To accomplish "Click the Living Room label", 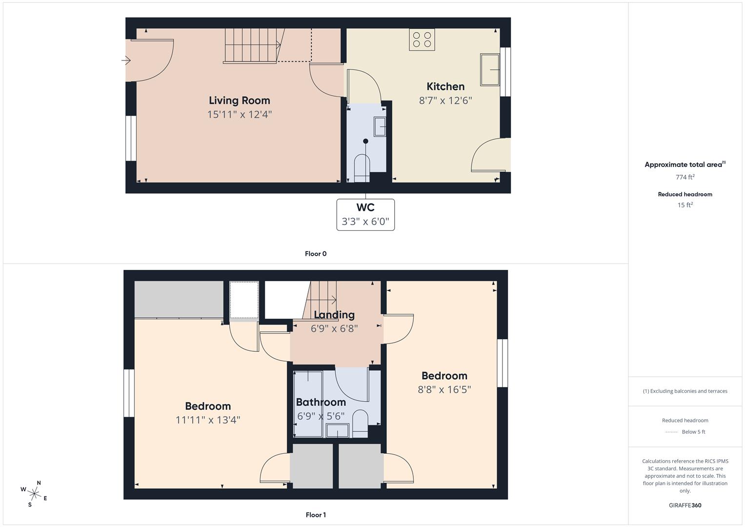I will pyautogui.click(x=239, y=101).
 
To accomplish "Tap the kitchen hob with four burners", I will pyautogui.click(x=422, y=40).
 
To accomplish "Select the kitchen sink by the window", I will pyautogui.click(x=490, y=70).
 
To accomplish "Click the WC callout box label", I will pyautogui.click(x=365, y=207).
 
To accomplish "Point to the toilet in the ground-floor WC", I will pyautogui.click(x=362, y=168).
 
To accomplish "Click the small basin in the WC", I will pyautogui.click(x=380, y=126).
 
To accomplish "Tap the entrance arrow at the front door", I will pyautogui.click(x=126, y=61).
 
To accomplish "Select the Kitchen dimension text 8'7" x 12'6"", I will pyautogui.click(x=445, y=101).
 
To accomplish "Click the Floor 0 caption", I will pyautogui.click(x=316, y=254).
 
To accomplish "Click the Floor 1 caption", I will pyautogui.click(x=316, y=515).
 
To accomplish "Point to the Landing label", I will pyautogui.click(x=334, y=315).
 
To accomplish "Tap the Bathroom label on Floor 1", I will pyautogui.click(x=321, y=402).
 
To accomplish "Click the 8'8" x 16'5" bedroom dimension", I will pyautogui.click(x=444, y=389).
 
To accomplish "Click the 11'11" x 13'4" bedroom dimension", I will pyautogui.click(x=208, y=420).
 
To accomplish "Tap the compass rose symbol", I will pyautogui.click(x=34, y=493).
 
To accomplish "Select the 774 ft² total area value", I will pyautogui.click(x=685, y=177).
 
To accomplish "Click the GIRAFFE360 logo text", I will pyautogui.click(x=685, y=505).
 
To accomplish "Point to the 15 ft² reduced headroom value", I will pyautogui.click(x=685, y=205).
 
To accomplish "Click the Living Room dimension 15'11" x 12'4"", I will pyautogui.click(x=239, y=115).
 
